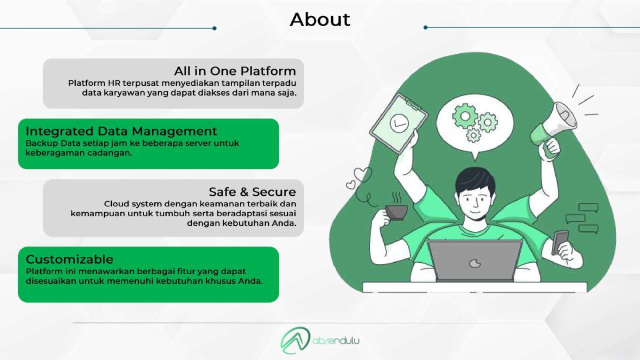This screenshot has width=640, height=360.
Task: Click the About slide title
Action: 320,19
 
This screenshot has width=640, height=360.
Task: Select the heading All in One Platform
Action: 234,70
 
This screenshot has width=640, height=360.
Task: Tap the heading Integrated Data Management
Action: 121,131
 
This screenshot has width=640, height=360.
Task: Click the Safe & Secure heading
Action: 252,192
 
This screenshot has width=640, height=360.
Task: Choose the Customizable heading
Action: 69,259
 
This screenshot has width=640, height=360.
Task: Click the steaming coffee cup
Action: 396,211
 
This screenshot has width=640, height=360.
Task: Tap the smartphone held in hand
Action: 560,242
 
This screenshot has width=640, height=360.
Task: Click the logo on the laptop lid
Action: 475,263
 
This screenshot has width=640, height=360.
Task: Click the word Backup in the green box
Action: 41,143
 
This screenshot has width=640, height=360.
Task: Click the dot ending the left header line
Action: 214,28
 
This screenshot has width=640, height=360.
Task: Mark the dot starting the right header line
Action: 425,27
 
